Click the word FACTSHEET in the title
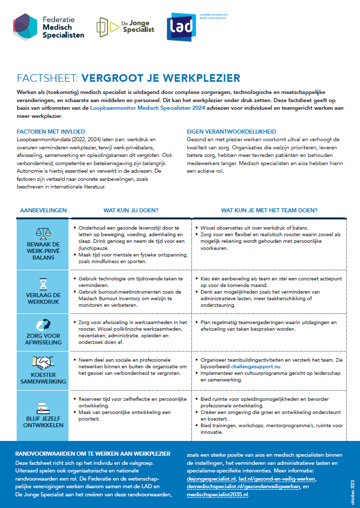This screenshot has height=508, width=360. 46,78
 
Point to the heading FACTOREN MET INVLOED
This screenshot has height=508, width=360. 51,131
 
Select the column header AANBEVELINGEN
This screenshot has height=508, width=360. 43,210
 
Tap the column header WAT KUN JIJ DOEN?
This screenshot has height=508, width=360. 132,210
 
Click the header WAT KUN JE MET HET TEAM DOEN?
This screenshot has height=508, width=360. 269,210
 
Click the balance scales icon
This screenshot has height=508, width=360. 43,233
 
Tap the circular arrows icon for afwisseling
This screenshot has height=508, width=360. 43,325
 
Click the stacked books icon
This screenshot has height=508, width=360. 43,407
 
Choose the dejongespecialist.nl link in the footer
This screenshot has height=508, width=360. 211,479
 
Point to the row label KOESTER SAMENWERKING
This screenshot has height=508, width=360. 43,378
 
